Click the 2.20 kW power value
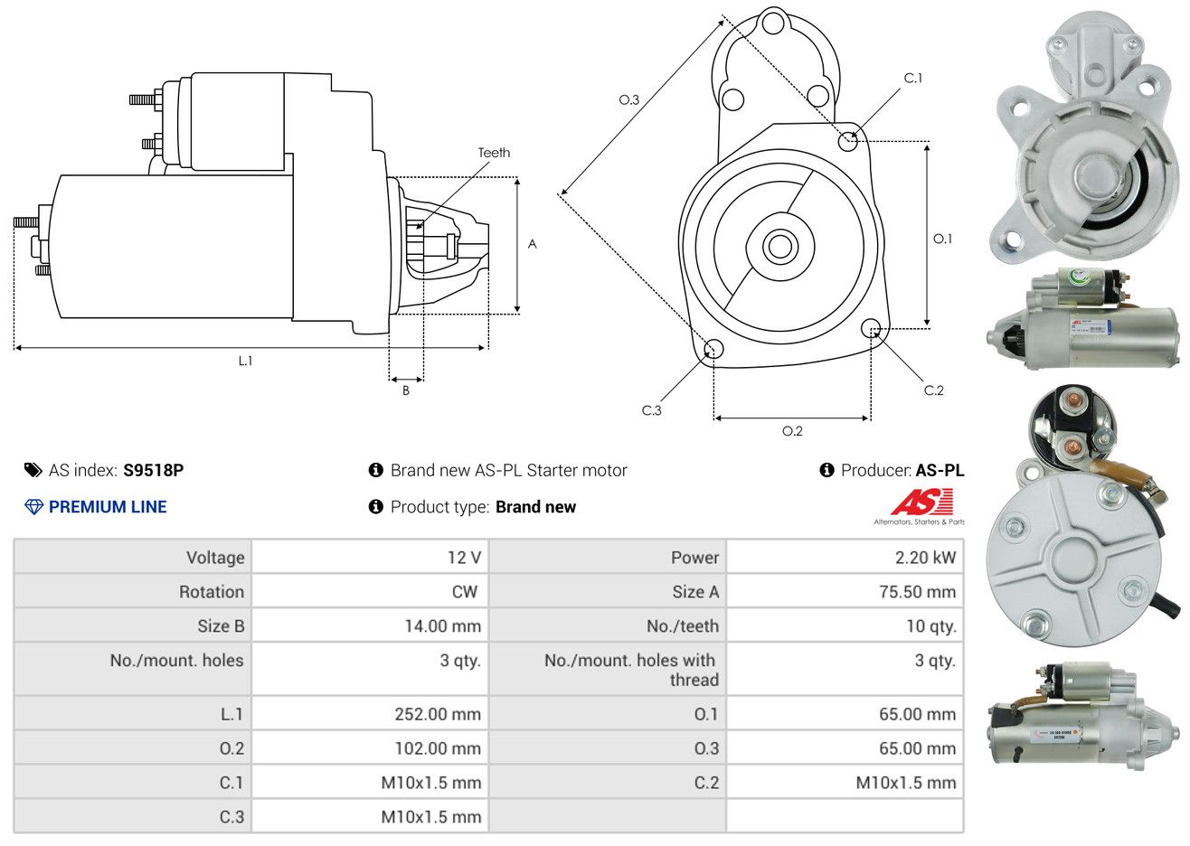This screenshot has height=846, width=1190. [925, 558]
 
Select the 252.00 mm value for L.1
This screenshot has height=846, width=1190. [438, 714]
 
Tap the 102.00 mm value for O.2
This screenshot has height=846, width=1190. [438, 748]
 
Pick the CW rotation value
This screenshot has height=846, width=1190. [464, 592]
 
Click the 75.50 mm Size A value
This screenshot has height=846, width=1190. [917, 592]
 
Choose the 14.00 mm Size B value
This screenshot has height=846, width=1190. [442, 626]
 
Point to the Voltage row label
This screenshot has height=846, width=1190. [215, 558]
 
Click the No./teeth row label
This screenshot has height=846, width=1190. [683, 626]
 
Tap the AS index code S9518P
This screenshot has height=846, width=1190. [154, 470]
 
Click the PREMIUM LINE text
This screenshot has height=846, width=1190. [108, 507]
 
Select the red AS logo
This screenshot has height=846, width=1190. [922, 503]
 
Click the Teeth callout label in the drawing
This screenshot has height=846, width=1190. [494, 153]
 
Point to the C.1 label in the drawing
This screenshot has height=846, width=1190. [913, 79]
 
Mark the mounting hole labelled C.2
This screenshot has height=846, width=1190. [871, 327]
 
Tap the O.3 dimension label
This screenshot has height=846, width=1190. [628, 99]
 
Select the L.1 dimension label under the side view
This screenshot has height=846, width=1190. [245, 361]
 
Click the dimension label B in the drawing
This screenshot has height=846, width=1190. [406, 390]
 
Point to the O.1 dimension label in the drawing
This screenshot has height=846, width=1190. [942, 239]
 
